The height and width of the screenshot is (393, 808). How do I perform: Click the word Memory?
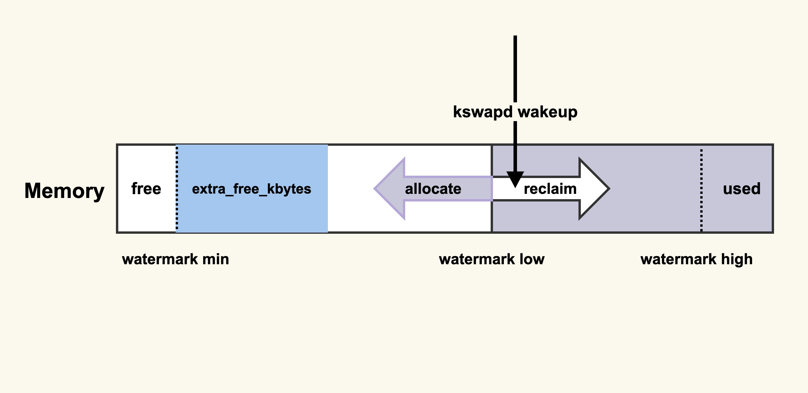[x=64, y=190]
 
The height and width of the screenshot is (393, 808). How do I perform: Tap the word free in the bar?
[x=146, y=189]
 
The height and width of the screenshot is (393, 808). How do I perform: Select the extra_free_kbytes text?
[x=251, y=189]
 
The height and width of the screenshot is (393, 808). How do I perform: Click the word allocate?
[x=433, y=189]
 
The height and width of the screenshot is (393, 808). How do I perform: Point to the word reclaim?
[x=550, y=189]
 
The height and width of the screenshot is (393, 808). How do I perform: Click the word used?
[x=742, y=189]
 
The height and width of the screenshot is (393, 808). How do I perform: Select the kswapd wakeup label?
[x=515, y=112]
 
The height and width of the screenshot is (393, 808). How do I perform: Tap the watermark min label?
[x=175, y=259]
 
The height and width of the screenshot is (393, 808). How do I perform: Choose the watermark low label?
[x=492, y=259]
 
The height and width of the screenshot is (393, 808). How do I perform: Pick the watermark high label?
[x=696, y=259]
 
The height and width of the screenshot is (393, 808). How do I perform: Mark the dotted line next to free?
[x=177, y=189]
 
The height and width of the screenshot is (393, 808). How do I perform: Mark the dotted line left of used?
[x=701, y=190]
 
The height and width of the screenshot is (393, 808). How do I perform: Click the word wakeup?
[x=547, y=112]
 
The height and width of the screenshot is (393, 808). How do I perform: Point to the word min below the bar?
[x=215, y=259]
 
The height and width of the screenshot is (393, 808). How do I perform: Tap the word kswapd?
[x=483, y=112]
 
